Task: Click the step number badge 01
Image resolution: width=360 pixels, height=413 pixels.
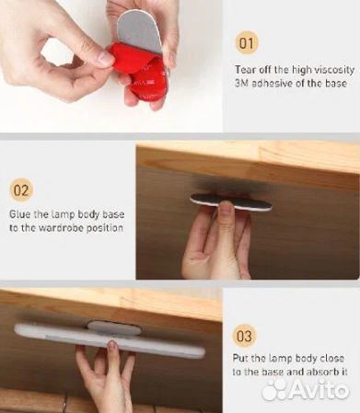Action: point(247,43)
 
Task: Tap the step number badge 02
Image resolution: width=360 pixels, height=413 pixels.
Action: point(21,190)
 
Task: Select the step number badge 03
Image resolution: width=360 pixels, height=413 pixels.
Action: point(244,336)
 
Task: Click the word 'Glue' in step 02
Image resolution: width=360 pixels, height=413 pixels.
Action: point(19,213)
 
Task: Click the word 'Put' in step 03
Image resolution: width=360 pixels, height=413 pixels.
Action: point(240,358)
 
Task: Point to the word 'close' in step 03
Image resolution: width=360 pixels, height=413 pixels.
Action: point(332,358)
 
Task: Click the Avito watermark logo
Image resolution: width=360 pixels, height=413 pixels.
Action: point(306,389)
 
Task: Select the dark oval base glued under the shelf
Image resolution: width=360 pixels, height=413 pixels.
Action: point(231,202)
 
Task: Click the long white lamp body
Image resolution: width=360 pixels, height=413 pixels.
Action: point(109,340)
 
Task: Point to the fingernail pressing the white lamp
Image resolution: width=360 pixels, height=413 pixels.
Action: point(112,346)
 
